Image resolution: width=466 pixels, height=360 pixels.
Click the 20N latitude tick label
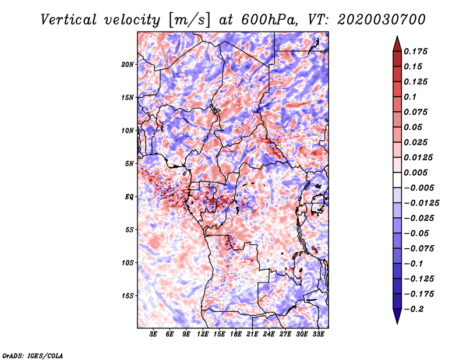click(x=128, y=65)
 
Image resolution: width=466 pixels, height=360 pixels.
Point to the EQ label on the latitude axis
click(x=129, y=197)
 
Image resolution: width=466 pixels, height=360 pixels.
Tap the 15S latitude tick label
click(x=128, y=296)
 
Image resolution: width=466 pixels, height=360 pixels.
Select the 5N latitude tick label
click(x=129, y=164)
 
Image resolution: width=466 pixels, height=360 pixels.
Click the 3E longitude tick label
click(x=153, y=334)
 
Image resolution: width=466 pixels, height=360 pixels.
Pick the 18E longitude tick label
click(x=235, y=334)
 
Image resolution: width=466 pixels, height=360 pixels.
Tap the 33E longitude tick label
click(x=318, y=334)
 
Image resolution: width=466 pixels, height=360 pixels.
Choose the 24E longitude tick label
click(x=269, y=334)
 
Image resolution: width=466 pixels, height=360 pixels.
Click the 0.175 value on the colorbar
click(x=415, y=51)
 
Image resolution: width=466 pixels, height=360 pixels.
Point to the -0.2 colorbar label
click(x=414, y=309)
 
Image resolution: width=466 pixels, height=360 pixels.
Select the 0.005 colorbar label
click(x=415, y=172)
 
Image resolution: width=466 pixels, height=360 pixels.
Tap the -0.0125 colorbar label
click(x=421, y=203)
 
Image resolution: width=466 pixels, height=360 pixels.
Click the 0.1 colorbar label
click(x=410, y=97)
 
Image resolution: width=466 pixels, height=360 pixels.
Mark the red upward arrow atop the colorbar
click(x=397, y=44)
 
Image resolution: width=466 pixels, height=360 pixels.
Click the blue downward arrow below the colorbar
click(x=397, y=316)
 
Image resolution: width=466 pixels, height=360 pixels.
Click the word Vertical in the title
click(x=68, y=20)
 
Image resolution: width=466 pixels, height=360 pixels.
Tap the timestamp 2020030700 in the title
click(x=382, y=20)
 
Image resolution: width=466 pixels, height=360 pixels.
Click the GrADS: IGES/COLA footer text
click(x=33, y=355)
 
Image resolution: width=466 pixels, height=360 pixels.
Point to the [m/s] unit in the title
click(x=189, y=20)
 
